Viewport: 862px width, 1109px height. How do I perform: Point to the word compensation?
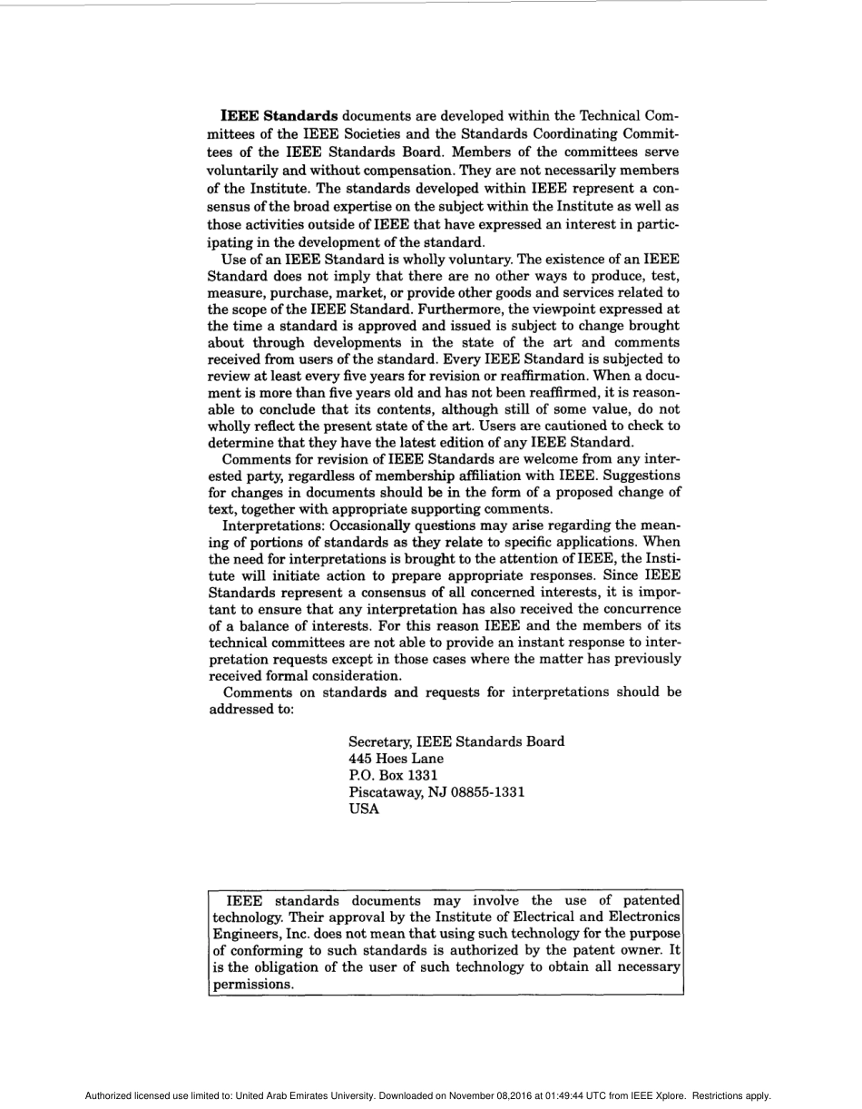[401, 171]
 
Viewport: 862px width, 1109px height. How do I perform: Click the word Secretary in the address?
[379, 741]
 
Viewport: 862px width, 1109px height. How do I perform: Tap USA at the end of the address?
[364, 810]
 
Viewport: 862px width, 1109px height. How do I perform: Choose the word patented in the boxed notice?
[646, 900]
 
